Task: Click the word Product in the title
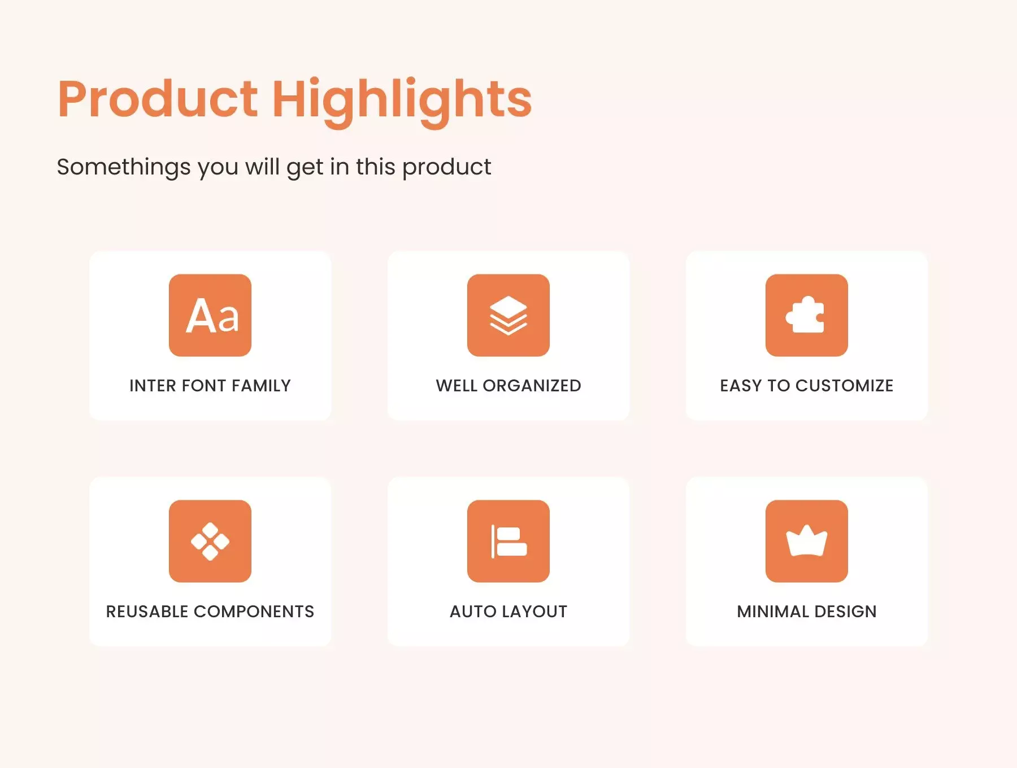point(158,99)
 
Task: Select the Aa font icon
point(210,315)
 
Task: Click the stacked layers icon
point(508,315)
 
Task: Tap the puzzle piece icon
point(807,315)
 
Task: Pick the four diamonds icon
point(210,541)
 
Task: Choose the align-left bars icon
point(508,541)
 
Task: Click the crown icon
point(807,541)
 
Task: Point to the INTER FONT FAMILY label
point(210,386)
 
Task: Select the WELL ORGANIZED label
point(508,386)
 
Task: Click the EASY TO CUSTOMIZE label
point(807,386)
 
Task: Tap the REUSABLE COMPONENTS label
point(210,612)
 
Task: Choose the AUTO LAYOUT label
point(508,612)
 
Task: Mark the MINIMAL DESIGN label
point(807,612)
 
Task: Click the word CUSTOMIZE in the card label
point(845,386)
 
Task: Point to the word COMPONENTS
point(254,612)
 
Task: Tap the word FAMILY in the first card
point(261,386)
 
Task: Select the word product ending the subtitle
point(446,168)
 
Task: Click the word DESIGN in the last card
point(845,612)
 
